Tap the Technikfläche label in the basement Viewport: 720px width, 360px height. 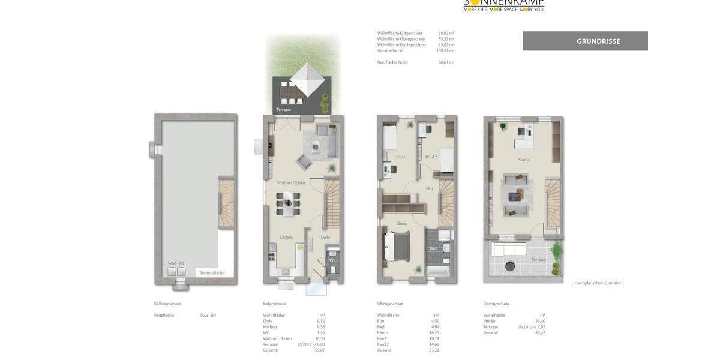[x=211, y=272]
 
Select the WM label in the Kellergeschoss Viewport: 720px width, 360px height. [x=172, y=263]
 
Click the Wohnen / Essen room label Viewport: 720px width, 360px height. [x=290, y=182]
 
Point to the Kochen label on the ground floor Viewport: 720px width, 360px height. [x=286, y=237]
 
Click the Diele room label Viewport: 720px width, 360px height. [x=325, y=237]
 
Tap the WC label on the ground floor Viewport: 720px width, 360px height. [x=332, y=260]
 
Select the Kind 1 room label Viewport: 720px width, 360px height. [x=401, y=157]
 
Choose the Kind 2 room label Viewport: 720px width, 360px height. [x=431, y=157]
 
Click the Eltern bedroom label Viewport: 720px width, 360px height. [x=401, y=223]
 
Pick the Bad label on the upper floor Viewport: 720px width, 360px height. [x=433, y=248]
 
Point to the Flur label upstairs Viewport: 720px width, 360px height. [x=429, y=188]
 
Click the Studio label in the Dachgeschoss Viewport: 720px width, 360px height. [x=524, y=160]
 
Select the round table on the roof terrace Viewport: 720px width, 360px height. [x=509, y=266]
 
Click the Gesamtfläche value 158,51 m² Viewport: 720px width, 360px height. [x=445, y=51]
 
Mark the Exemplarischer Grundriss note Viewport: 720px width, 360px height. [x=597, y=283]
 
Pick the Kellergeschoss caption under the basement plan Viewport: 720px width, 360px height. [x=167, y=304]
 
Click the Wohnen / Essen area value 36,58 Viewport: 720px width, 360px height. [x=320, y=338]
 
